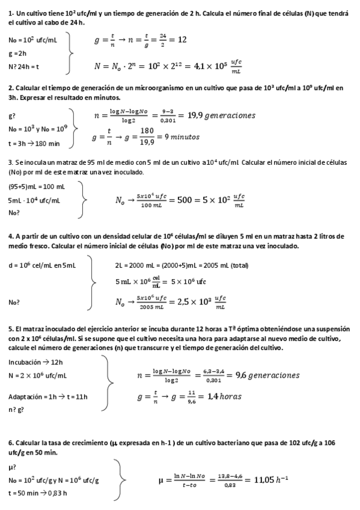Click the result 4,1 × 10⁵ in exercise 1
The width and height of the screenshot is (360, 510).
point(207,66)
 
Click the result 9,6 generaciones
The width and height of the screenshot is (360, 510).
point(267,375)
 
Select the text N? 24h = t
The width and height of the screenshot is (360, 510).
point(24,66)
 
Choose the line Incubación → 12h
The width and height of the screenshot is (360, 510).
point(35,362)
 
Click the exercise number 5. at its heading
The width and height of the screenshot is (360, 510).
point(11,329)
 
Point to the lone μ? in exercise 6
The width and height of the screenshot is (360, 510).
point(12,467)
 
